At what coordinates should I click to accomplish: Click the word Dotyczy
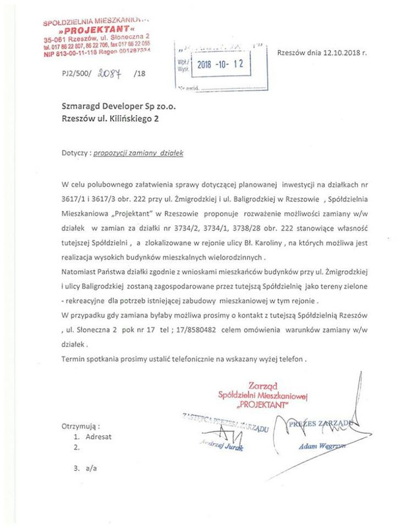[x=74, y=152]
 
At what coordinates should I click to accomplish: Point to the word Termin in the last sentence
[x=74, y=359]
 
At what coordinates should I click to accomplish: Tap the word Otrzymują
[x=80, y=422]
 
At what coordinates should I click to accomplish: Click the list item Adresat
[x=98, y=435]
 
